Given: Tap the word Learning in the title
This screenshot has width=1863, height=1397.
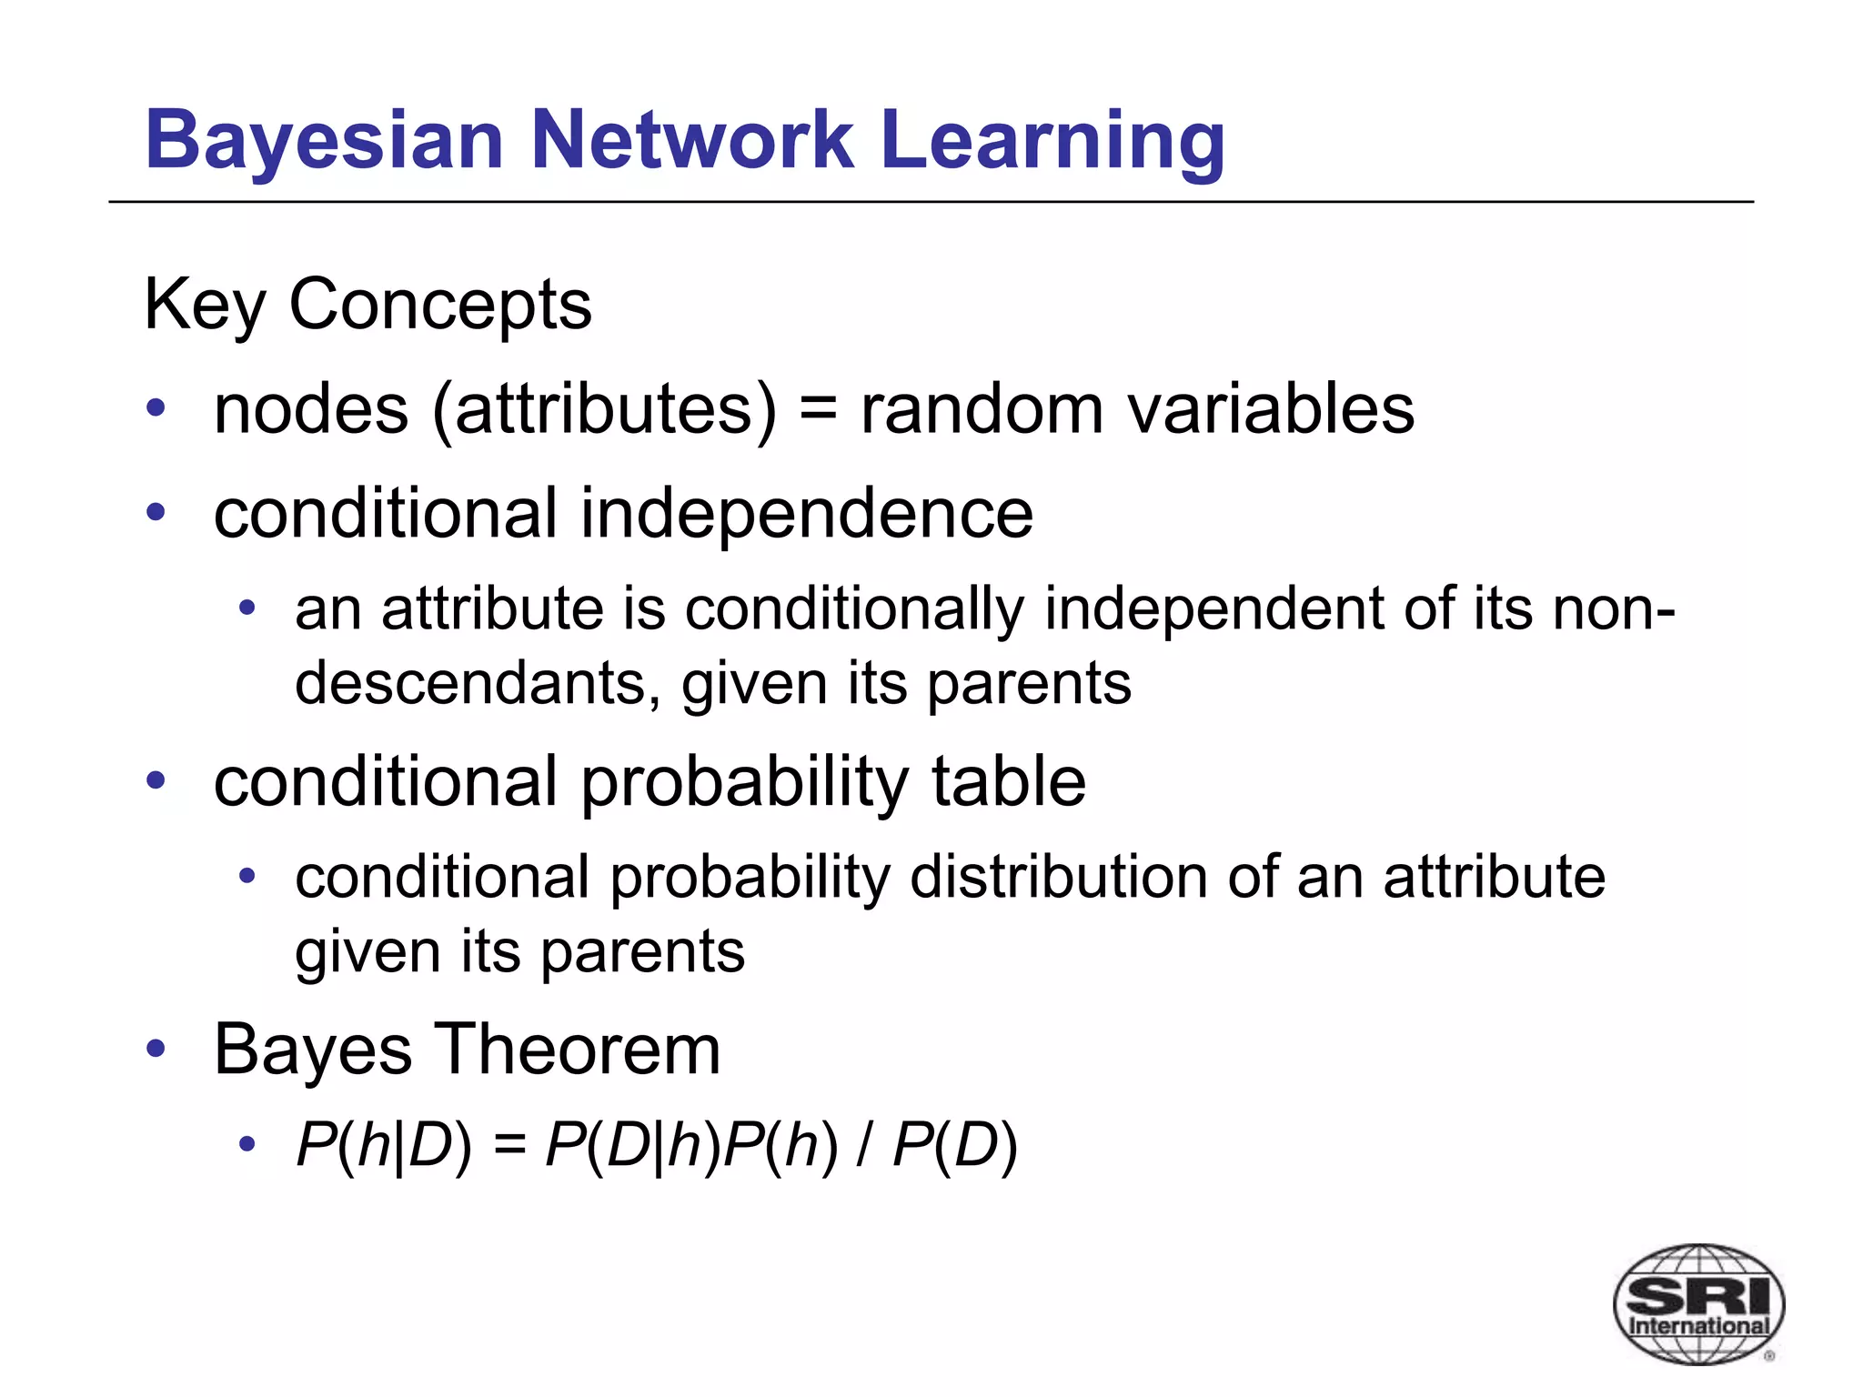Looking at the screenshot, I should (x=1052, y=141).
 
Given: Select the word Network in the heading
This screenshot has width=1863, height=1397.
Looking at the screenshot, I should (x=692, y=141).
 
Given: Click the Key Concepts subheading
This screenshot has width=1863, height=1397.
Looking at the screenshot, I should (x=368, y=305).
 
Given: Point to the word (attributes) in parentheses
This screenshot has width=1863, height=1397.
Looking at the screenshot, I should (x=605, y=409).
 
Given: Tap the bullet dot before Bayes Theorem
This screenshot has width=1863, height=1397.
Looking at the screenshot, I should (x=156, y=1049).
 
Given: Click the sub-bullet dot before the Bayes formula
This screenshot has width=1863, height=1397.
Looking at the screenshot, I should (x=247, y=1144).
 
